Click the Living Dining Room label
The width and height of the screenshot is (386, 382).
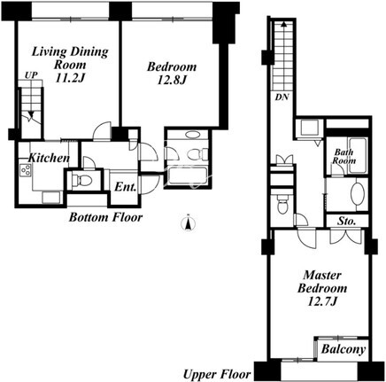(x=70, y=58)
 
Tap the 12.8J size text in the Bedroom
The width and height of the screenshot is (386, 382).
(x=172, y=81)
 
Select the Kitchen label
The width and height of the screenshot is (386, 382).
(x=49, y=158)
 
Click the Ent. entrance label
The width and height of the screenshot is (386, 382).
(x=125, y=187)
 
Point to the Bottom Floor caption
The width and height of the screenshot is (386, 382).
(x=105, y=217)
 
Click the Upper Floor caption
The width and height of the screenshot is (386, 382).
(x=217, y=375)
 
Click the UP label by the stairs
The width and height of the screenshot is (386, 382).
(x=31, y=75)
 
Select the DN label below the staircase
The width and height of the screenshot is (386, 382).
(x=282, y=97)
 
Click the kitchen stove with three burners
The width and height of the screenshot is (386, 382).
(x=26, y=170)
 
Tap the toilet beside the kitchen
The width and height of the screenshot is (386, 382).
(x=81, y=180)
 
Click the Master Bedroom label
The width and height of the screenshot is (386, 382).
(x=322, y=282)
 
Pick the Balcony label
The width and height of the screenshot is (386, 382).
(x=344, y=349)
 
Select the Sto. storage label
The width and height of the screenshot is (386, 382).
(x=346, y=221)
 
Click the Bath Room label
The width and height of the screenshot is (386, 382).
(x=344, y=157)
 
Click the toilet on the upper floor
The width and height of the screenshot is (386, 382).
(x=282, y=205)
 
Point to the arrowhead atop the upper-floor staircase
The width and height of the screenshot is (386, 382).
(x=283, y=24)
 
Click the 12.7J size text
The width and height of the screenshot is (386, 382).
(x=322, y=301)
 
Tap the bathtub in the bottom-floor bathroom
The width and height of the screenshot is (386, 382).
(x=188, y=176)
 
